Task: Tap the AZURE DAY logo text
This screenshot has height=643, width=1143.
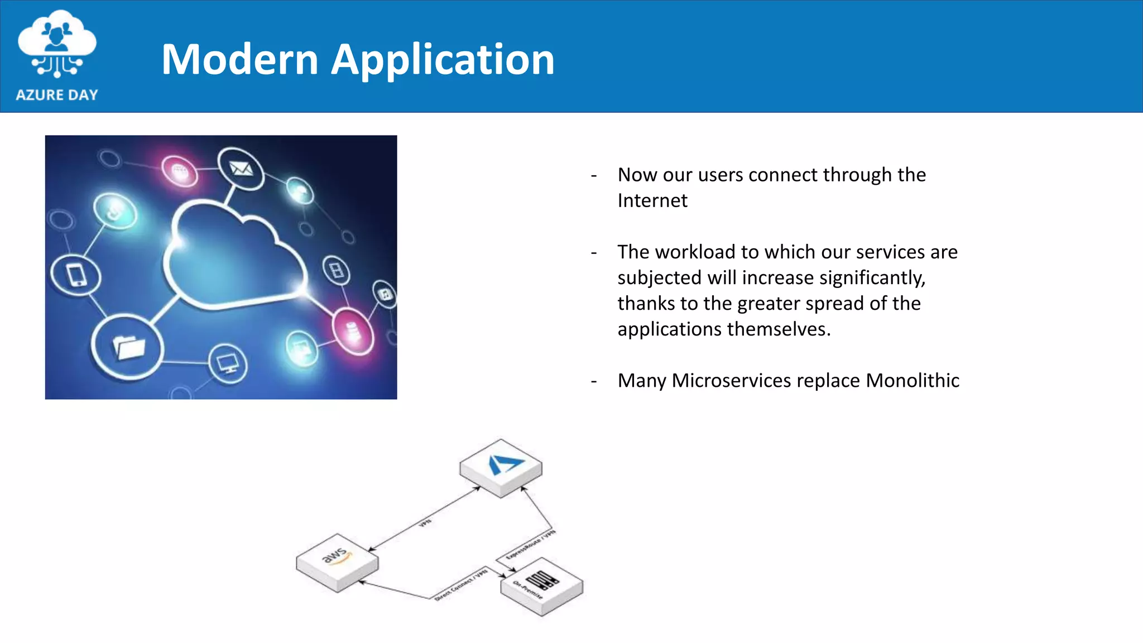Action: pyautogui.click(x=57, y=95)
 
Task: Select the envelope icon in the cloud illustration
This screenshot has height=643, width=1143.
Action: pyautogui.click(x=241, y=168)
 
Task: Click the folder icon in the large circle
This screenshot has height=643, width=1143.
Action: pyautogui.click(x=128, y=347)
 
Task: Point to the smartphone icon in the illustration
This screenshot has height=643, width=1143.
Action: pyautogui.click(x=76, y=275)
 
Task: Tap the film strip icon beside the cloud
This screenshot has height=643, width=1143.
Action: pyautogui.click(x=337, y=270)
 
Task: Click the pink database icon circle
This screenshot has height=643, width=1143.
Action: pyautogui.click(x=353, y=332)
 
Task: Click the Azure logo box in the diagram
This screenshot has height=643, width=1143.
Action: pyautogui.click(x=501, y=466)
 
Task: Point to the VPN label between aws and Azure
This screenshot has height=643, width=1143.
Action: pyautogui.click(x=425, y=523)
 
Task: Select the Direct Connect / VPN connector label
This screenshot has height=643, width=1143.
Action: pyautogui.click(x=461, y=585)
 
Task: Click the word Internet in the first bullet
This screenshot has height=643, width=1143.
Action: pyautogui.click(x=652, y=200)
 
